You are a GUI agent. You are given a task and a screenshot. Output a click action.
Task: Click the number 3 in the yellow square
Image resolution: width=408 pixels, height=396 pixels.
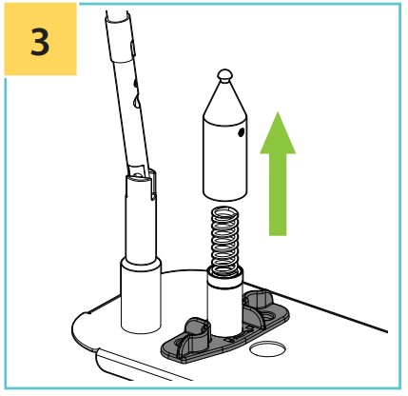[x=40, y=42]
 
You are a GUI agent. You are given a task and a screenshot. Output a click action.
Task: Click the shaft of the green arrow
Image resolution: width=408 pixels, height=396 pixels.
[x=278, y=194]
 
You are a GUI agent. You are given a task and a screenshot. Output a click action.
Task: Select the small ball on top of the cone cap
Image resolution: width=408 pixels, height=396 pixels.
[x=224, y=75]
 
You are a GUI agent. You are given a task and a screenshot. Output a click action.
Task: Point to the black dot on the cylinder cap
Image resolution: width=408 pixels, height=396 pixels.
[x=241, y=132]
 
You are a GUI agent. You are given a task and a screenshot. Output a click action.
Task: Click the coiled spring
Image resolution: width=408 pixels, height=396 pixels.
[x=225, y=240]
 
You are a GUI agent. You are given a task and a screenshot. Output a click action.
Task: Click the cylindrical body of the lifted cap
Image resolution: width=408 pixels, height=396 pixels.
[x=224, y=159]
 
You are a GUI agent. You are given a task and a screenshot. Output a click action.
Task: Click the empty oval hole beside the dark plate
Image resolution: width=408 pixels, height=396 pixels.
[x=267, y=348]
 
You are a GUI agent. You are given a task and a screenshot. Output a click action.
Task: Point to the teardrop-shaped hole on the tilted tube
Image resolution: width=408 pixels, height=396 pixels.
[x=136, y=101]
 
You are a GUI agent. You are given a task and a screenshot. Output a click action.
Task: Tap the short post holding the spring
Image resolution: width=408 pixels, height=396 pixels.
[x=224, y=303]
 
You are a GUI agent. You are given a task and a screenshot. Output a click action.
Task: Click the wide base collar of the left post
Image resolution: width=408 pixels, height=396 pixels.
[x=141, y=295]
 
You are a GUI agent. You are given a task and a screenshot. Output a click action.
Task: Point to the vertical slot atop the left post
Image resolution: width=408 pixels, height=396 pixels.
[x=152, y=185]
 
